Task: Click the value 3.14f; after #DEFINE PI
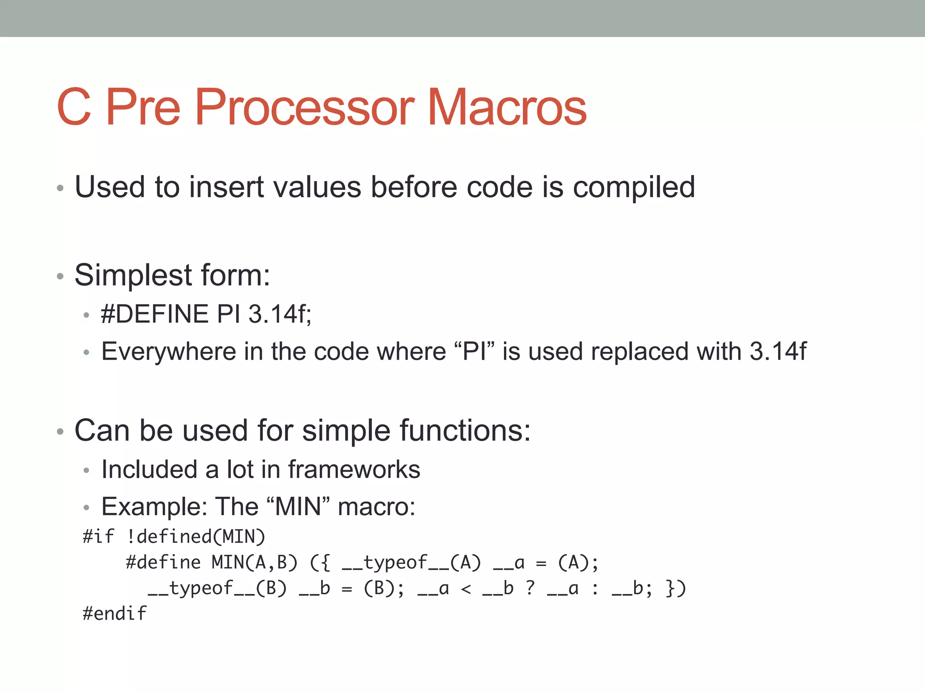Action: pos(280,314)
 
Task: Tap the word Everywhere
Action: pos(168,351)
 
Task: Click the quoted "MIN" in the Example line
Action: pos(298,507)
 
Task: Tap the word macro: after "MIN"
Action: pos(376,507)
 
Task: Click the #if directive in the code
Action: pos(98,536)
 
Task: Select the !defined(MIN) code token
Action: pos(196,536)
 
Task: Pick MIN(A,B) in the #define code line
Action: pos(254,563)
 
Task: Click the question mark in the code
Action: pos(530,588)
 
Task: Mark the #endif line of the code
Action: pos(114,614)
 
